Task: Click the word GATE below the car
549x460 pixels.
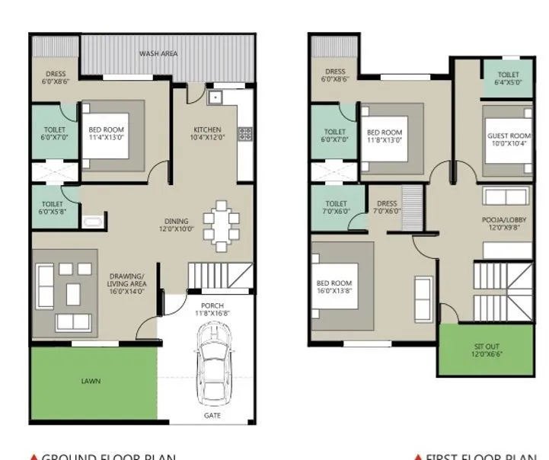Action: click(x=213, y=416)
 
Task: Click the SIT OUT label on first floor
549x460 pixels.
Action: click(x=487, y=350)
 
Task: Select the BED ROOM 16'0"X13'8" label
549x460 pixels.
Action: click(x=335, y=288)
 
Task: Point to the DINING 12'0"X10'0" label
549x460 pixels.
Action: click(x=177, y=225)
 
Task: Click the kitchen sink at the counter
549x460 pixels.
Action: click(x=215, y=97)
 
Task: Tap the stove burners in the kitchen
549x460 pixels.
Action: click(x=245, y=134)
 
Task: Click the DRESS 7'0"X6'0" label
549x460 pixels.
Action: click(x=387, y=208)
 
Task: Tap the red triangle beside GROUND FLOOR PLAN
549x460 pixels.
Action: click(x=33, y=457)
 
